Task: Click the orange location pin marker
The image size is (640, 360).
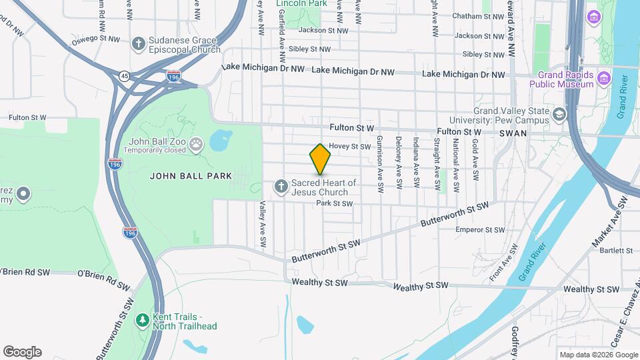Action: [320, 159]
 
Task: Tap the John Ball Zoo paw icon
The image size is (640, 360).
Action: [196, 144]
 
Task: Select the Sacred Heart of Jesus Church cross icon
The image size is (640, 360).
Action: [281, 185]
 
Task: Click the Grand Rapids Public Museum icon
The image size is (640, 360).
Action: [604, 79]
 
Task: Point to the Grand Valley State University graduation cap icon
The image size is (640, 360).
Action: [559, 115]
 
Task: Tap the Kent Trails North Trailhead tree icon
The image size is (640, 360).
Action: [142, 321]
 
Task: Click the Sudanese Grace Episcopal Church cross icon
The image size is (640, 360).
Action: [139, 45]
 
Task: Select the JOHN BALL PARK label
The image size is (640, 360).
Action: [191, 177]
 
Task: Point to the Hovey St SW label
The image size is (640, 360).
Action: [349, 146]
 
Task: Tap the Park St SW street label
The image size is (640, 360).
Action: [334, 203]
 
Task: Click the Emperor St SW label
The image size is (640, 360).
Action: [479, 230]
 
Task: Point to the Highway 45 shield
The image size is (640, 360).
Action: [125, 76]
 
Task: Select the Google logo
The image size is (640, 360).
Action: [22, 352]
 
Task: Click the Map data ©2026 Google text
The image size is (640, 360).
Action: [598, 355]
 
